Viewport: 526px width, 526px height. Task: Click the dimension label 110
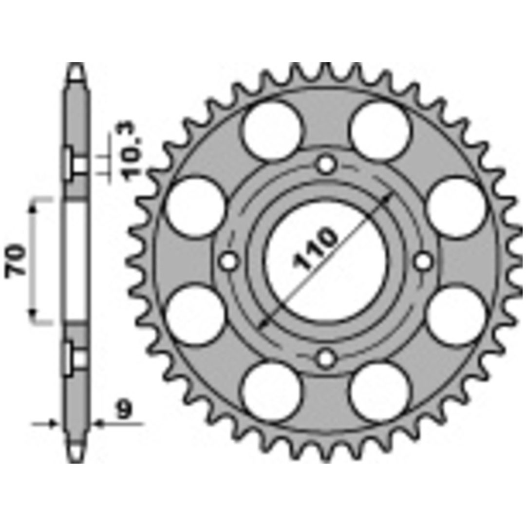coord(314,248)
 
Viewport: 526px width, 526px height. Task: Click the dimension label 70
coord(16,260)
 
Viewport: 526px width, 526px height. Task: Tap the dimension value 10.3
coord(132,151)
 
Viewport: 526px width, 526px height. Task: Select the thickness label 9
coord(124,410)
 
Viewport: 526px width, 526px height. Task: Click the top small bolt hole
coord(326,165)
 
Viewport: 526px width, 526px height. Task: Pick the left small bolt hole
coord(229,261)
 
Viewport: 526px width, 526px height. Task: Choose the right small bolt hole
coord(423,261)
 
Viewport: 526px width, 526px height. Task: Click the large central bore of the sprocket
coord(326,261)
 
